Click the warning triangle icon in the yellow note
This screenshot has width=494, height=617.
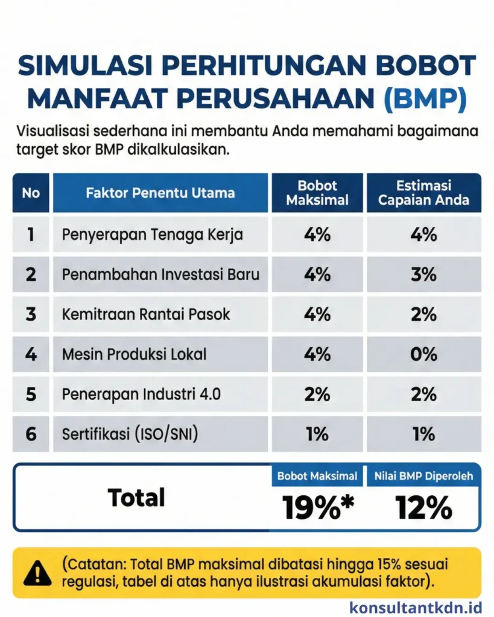[37, 573]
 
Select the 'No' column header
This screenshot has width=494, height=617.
[31, 193]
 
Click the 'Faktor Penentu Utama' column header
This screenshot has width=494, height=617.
[160, 193]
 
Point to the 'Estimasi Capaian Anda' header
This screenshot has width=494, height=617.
[423, 193]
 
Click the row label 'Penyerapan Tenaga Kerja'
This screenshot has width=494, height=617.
[153, 234]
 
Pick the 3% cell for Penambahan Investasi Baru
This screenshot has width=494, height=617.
[423, 274]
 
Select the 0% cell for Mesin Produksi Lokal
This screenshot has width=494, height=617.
[423, 354]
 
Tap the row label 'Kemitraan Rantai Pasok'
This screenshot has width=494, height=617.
[146, 314]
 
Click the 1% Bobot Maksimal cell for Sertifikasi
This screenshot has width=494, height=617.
[317, 433]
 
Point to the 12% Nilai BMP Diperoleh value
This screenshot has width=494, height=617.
[423, 508]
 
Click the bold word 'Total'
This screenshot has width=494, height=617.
[136, 498]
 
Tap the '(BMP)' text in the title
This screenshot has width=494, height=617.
[425, 99]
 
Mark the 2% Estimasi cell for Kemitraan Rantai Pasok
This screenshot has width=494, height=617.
[423, 314]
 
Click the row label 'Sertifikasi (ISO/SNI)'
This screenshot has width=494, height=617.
[129, 433]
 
